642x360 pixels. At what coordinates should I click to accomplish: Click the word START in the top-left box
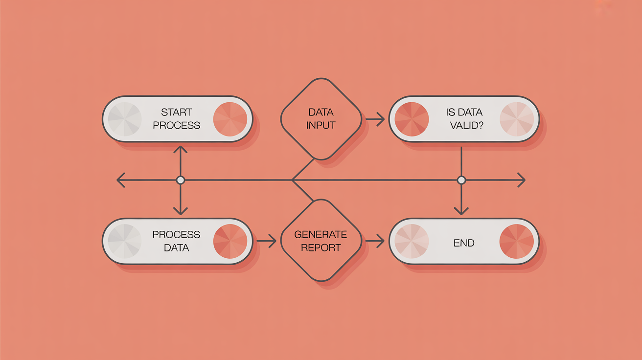click(176, 112)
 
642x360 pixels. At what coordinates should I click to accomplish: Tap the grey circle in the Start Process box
click(124, 119)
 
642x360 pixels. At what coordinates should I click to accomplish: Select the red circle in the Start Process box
click(230, 119)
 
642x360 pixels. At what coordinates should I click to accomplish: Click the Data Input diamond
click(321, 119)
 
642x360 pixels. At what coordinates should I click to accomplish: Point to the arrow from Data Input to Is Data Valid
click(375, 119)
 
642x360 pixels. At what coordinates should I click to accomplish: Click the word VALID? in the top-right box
click(467, 125)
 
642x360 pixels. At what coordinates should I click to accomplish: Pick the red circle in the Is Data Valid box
click(412, 119)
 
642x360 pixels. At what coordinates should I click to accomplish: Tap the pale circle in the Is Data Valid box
click(517, 119)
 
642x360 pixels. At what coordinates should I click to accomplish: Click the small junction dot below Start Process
click(181, 180)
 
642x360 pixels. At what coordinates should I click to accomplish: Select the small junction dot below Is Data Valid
click(461, 180)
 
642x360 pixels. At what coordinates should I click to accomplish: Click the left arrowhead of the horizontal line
click(119, 180)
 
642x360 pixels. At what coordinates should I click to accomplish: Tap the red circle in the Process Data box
click(230, 241)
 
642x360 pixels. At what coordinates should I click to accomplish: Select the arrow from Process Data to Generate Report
click(266, 241)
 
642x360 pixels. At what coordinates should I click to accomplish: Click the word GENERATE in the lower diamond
click(321, 235)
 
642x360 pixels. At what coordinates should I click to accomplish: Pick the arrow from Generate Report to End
click(375, 241)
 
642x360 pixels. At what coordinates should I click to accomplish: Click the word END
click(464, 243)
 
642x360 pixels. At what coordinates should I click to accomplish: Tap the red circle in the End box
click(517, 241)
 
